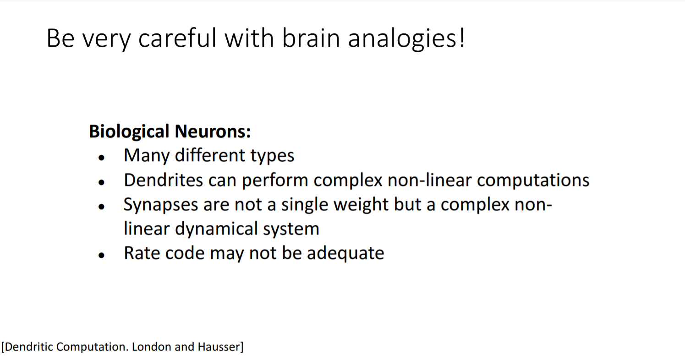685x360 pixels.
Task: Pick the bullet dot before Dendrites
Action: point(102,182)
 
